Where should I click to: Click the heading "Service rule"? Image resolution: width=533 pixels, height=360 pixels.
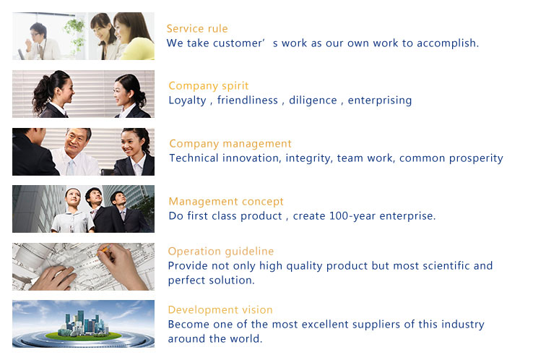tap(197, 29)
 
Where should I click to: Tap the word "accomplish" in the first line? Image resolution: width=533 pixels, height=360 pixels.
tap(446, 43)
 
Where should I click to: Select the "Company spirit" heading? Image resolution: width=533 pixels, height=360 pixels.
tap(209, 86)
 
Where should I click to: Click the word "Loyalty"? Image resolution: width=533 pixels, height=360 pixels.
tap(187, 100)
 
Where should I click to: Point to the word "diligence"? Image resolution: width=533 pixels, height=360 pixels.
tap(313, 100)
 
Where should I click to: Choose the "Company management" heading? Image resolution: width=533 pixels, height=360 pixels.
tap(230, 144)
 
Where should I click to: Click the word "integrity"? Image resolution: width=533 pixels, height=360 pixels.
tap(308, 158)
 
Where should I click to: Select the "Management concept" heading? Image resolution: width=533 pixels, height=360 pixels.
tap(226, 202)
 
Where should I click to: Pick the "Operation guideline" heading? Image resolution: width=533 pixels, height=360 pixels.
tap(221, 252)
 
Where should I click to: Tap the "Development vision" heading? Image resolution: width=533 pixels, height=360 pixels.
tap(220, 309)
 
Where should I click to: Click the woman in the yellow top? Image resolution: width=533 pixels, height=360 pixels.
tap(134, 37)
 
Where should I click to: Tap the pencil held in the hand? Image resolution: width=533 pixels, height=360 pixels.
tap(104, 250)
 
